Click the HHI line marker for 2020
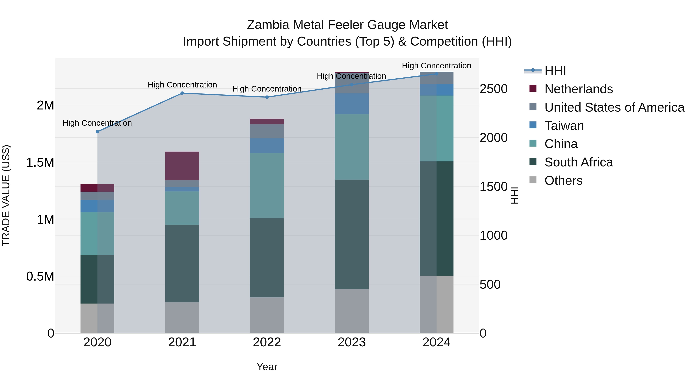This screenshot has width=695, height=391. tap(97, 132)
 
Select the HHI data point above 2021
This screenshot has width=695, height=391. tap(182, 93)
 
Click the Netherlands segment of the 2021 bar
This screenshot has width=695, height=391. tap(182, 166)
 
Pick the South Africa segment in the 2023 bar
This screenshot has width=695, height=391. tap(352, 234)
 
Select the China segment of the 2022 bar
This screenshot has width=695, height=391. tap(267, 185)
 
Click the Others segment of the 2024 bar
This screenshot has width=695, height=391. tap(436, 304)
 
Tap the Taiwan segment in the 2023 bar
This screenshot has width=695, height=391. tap(352, 104)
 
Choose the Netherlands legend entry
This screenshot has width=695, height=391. tap(578, 89)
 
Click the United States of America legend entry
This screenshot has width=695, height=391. tap(614, 107)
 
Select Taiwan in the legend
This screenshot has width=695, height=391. tap(564, 126)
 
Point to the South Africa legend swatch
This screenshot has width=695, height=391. tap(533, 162)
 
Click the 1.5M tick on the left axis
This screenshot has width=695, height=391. tap(40, 162)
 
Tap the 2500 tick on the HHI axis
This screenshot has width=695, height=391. tap(493, 89)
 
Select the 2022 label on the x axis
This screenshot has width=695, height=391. tap(267, 342)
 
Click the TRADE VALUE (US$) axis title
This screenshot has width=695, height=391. tap(6, 195)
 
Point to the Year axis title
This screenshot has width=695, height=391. tap(267, 367)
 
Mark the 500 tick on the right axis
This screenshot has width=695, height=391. tap(490, 284)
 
